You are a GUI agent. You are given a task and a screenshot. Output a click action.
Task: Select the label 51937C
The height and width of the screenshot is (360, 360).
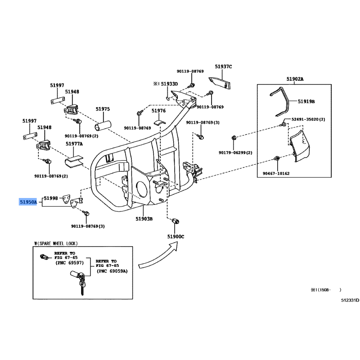(x=223, y=67)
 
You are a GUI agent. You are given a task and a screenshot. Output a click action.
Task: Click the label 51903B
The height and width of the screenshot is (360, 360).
(x=144, y=219)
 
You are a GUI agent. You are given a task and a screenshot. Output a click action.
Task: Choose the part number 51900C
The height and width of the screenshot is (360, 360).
(x=176, y=236)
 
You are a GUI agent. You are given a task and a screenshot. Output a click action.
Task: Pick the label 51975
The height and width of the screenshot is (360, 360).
(x=103, y=109)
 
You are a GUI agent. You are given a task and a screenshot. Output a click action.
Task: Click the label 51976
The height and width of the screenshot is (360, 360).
(x=158, y=111)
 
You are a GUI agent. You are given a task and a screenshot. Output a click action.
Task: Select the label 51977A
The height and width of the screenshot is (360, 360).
(x=74, y=144)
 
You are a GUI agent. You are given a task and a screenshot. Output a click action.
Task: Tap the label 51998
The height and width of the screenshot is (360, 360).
(x=50, y=198)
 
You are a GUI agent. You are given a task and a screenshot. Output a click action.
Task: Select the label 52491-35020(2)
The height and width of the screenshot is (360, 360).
(x=307, y=119)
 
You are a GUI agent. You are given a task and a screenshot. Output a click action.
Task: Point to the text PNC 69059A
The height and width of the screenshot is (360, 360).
(x=112, y=271)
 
